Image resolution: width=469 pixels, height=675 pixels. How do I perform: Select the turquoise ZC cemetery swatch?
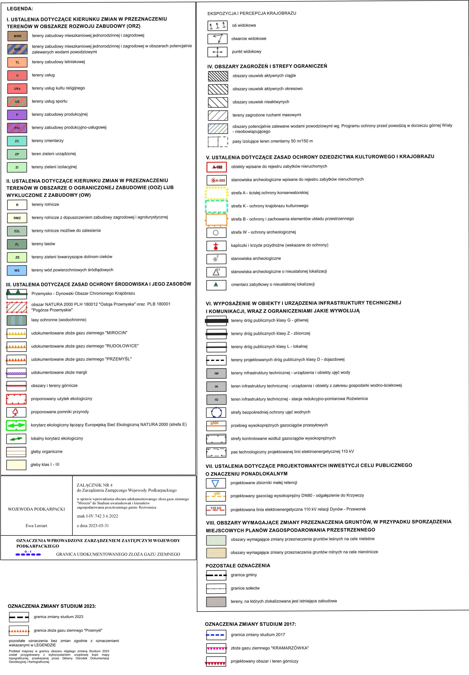click(x=17, y=141)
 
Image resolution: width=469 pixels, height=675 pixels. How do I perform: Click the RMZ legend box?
click(x=17, y=218)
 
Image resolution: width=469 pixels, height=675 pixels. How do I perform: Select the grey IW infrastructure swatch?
click(x=216, y=373)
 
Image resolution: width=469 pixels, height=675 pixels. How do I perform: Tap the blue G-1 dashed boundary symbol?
click(x=28, y=554)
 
